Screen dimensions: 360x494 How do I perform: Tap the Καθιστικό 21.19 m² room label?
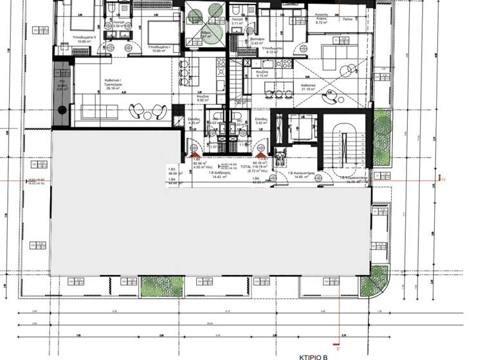click(x=307, y=87)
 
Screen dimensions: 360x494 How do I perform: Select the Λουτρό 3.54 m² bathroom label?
click(x=118, y=24)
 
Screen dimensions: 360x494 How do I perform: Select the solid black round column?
click(x=62, y=110)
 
